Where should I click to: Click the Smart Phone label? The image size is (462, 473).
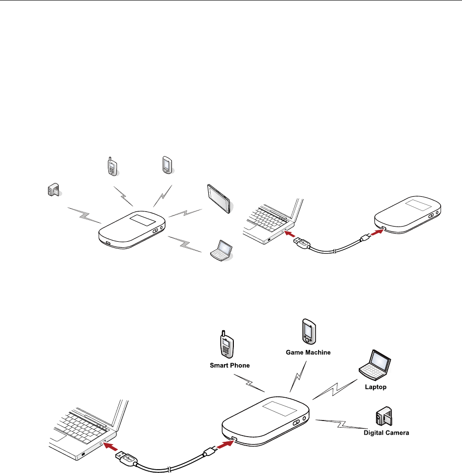(x=230, y=365)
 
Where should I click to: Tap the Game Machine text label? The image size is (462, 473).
(x=308, y=352)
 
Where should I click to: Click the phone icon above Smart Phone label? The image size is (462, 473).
(x=226, y=346)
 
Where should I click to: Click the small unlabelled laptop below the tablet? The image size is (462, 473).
(x=221, y=250)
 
